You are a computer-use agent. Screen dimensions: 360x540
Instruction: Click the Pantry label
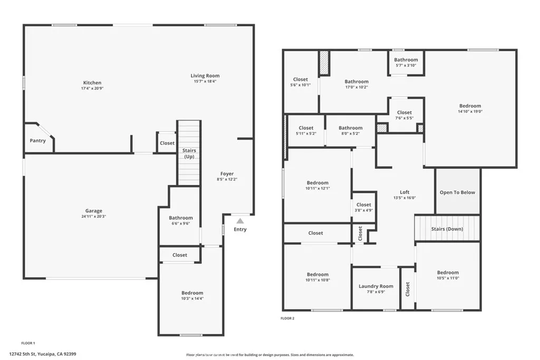tap(37, 141)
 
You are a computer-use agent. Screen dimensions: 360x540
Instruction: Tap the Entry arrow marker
tap(240, 221)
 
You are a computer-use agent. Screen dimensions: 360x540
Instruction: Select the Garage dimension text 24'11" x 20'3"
tap(94, 217)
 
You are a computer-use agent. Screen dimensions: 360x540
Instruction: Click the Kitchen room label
tap(92, 83)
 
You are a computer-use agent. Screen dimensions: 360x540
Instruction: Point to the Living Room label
tap(205, 76)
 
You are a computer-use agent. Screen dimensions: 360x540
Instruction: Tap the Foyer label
tap(227, 174)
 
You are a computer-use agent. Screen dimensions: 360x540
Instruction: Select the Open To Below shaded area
tap(457, 192)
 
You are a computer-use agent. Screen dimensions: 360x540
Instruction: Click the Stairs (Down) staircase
tap(447, 229)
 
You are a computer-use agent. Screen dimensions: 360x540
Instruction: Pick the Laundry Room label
tap(376, 286)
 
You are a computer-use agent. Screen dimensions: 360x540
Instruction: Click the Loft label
tap(404, 192)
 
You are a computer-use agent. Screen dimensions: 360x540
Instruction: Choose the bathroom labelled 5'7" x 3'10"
tap(406, 62)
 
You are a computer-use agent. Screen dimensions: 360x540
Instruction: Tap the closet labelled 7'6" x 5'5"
tap(404, 115)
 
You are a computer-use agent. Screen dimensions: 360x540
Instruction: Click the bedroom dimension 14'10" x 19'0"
tap(470, 112)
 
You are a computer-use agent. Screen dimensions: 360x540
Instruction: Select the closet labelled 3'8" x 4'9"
tap(363, 207)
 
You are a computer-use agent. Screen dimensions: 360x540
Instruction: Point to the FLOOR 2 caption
tap(287, 318)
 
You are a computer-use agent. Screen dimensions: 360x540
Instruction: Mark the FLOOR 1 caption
tap(28, 343)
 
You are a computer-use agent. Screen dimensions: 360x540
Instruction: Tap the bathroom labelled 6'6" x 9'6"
tap(181, 220)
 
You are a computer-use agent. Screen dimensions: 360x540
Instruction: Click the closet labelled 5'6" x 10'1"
tap(301, 82)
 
